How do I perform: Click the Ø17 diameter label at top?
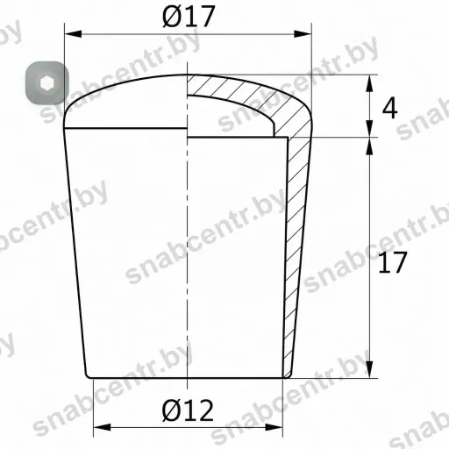coord(189,17)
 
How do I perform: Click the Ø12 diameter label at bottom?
coord(188,410)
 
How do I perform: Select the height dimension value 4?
coord(390,108)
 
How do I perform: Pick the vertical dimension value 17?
coord(392,262)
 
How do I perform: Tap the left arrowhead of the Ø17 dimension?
coord(73,34)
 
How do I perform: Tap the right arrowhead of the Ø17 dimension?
coord(303,34)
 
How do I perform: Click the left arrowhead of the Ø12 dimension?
coord(102,427)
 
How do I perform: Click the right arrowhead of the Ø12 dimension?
coord(274,427)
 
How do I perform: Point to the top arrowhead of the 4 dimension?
coord(370,83)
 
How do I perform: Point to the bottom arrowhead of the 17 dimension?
coord(370,369)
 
